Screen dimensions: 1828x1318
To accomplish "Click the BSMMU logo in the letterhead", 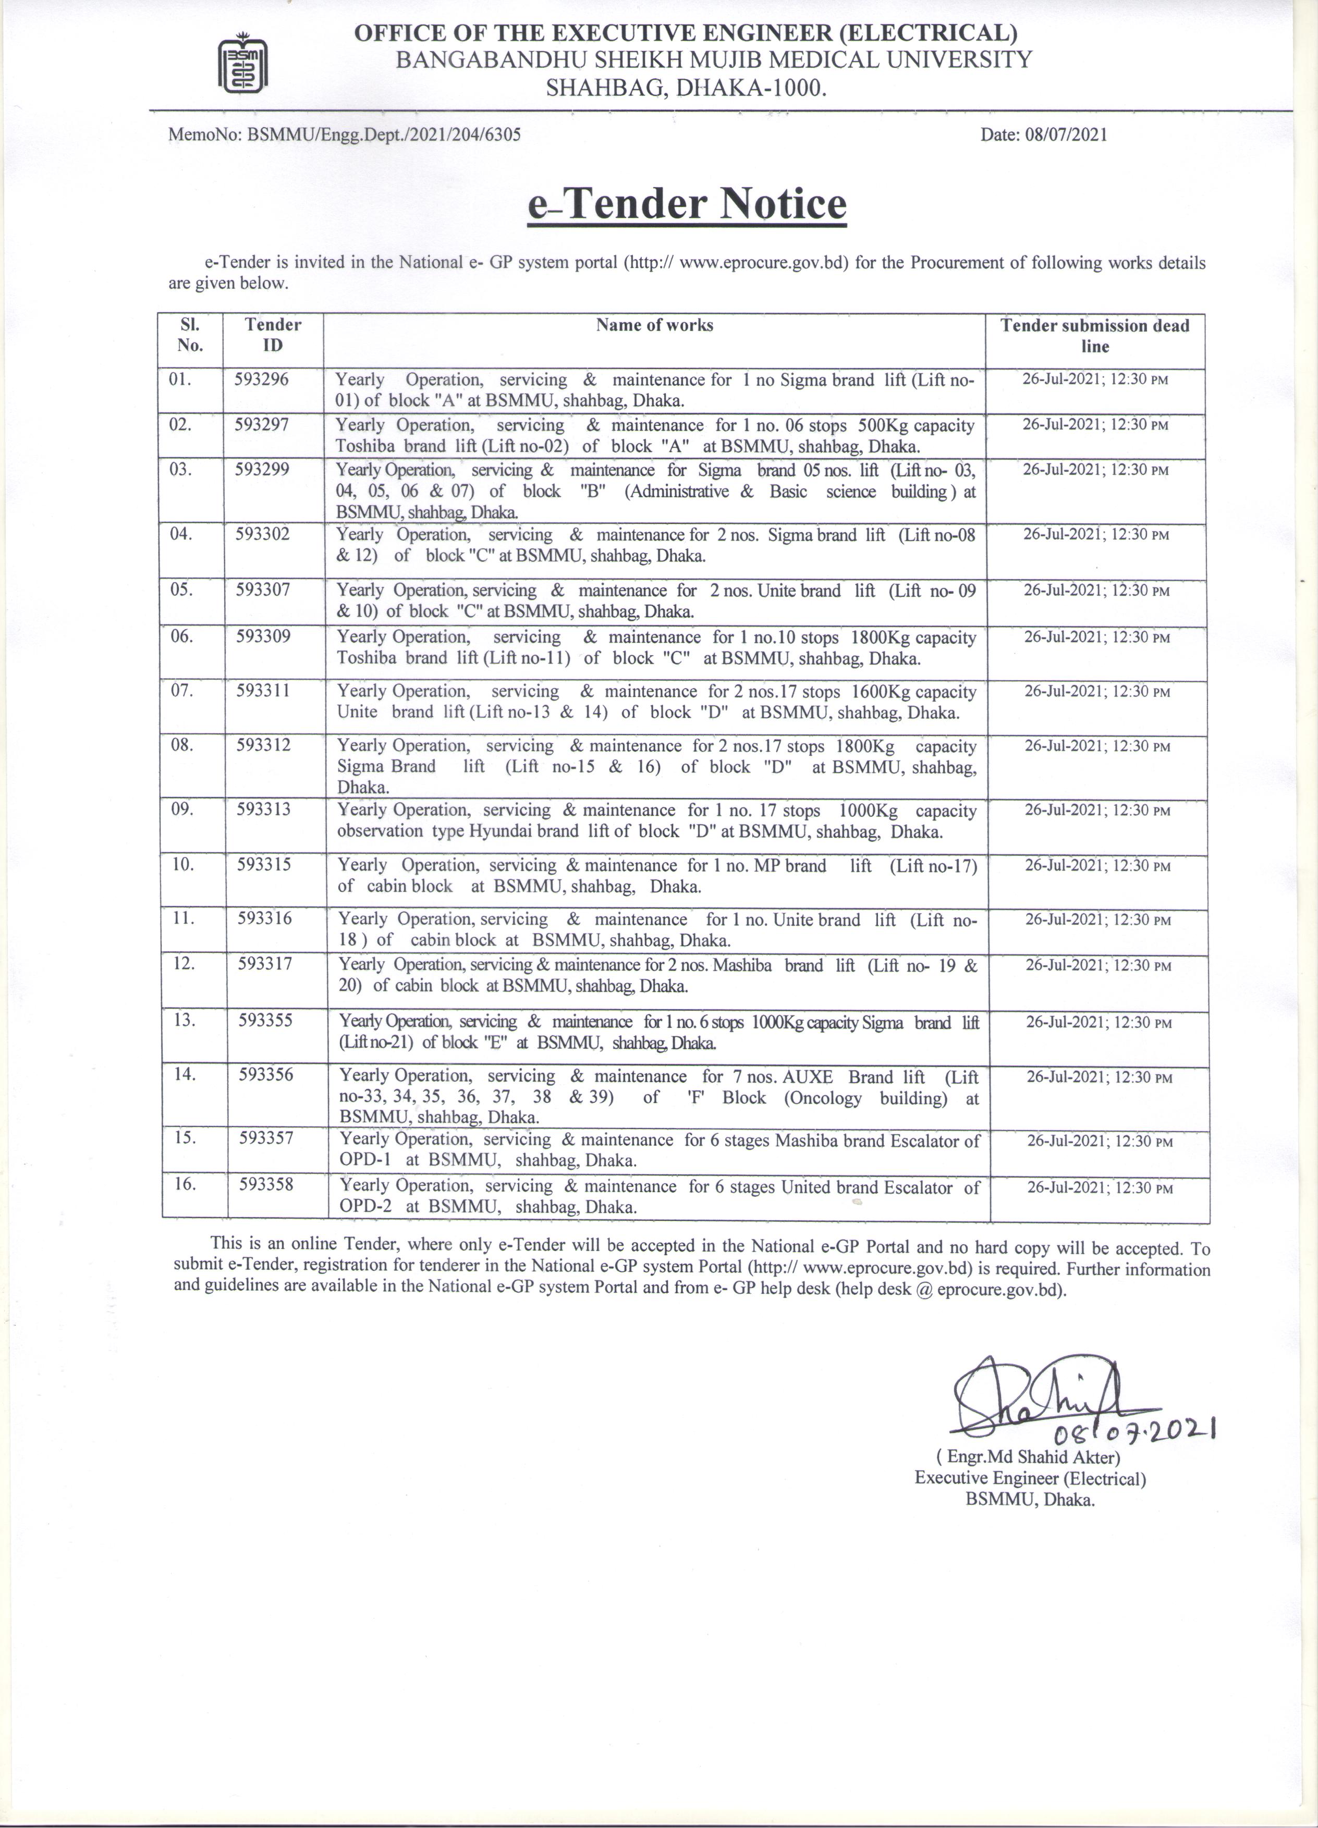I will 244,62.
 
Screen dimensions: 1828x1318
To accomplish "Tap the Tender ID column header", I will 273,335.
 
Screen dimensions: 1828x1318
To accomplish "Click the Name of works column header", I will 654,326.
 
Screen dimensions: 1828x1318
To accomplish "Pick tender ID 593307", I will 263,590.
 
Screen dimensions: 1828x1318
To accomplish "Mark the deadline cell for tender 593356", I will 1099,1077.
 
